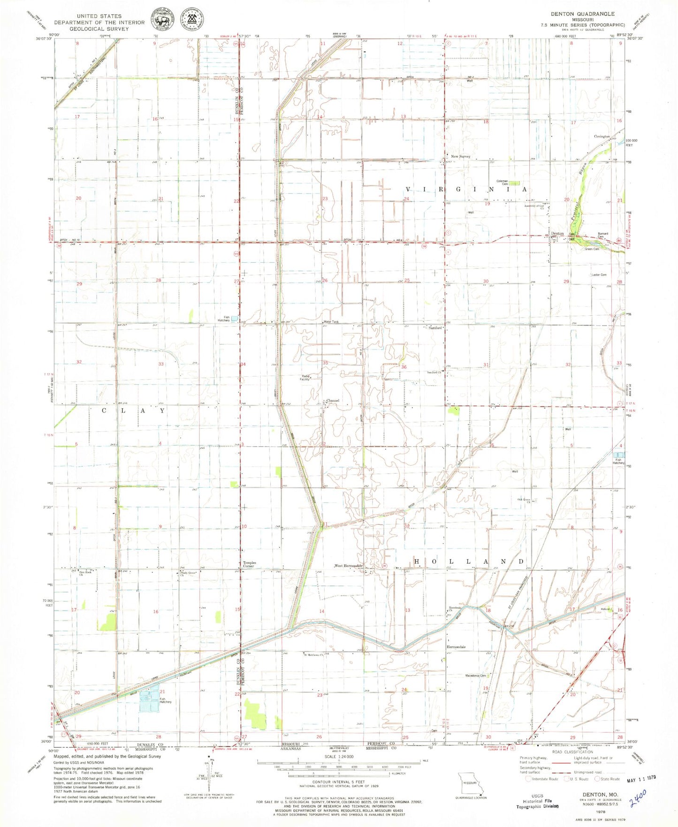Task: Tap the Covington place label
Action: click(602, 137)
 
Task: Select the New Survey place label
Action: click(460, 156)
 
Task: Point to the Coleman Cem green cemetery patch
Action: click(515, 183)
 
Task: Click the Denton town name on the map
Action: click(557, 234)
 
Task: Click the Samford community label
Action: click(435, 328)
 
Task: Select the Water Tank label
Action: click(331, 322)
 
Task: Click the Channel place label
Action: click(333, 401)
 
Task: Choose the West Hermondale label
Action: click(348, 566)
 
